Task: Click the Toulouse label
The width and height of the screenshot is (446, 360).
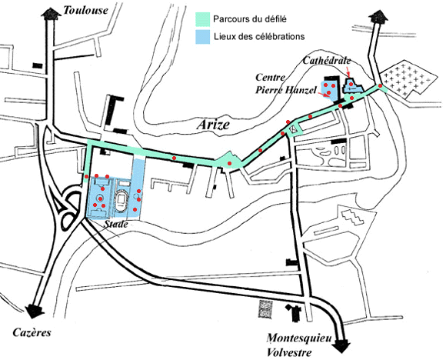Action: tap(85, 11)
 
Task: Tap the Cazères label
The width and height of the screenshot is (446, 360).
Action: tap(32, 332)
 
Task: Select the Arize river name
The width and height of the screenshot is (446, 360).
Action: tap(213, 125)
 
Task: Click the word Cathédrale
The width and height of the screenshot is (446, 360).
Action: tap(327, 60)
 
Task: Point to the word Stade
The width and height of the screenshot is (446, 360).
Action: tap(116, 224)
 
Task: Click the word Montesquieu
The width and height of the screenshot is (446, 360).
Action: tap(299, 338)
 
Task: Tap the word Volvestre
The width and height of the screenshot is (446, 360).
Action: tap(289, 352)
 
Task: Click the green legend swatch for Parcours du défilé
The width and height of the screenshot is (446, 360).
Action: tap(202, 19)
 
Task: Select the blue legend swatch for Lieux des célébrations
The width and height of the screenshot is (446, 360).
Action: tap(202, 37)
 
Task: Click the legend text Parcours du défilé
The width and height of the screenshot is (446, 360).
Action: tap(250, 19)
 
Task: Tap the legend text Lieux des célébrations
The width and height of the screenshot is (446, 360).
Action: tap(259, 36)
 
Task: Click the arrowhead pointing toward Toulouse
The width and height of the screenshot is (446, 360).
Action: tap(52, 14)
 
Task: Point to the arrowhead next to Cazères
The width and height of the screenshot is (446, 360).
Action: tap(35, 311)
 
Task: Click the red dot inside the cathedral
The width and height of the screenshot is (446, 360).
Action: tap(351, 84)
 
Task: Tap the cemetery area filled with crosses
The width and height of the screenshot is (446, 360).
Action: tap(408, 78)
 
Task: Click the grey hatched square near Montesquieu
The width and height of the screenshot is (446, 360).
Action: tap(265, 309)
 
